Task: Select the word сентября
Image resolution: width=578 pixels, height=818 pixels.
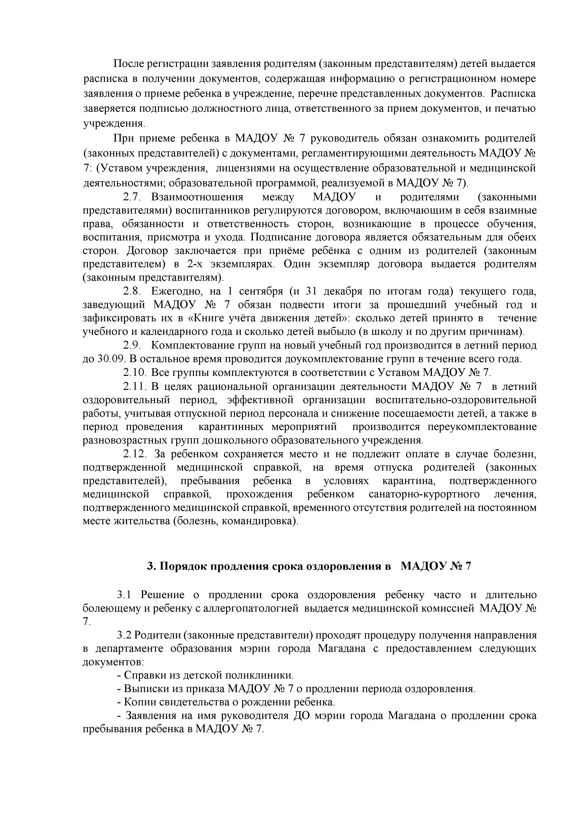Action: pyautogui.click(x=261, y=291)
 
